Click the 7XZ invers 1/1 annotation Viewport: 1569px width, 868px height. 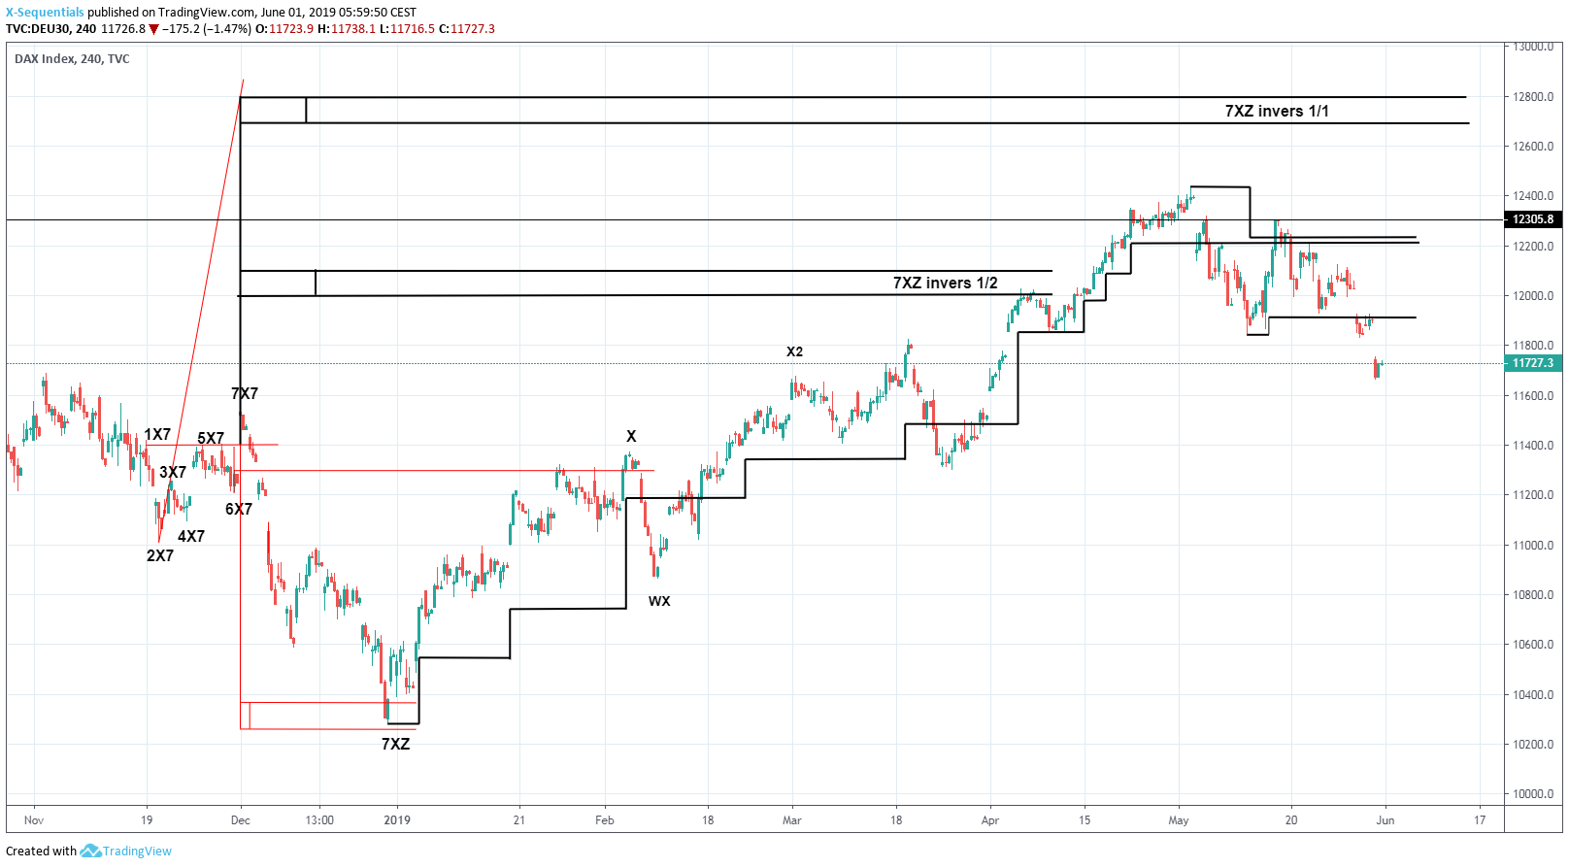coord(1276,111)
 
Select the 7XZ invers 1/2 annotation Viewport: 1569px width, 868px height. coord(945,283)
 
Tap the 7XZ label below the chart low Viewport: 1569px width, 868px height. coord(395,744)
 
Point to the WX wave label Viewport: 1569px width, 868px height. coord(659,601)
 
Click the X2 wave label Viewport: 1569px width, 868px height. coord(794,351)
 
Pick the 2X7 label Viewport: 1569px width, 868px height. coord(160,555)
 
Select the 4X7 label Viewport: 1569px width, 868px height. coord(191,536)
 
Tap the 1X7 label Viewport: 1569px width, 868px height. coord(157,434)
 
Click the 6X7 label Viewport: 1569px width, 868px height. coord(239,509)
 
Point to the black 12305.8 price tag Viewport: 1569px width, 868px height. coord(1532,219)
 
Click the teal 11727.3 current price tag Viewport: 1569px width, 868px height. coord(1532,363)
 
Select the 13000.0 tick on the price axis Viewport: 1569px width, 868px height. coord(1533,47)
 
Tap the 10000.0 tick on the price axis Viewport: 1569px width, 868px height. coord(1533,794)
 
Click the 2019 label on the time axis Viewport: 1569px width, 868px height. coord(397,820)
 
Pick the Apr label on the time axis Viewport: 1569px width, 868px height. coord(989,820)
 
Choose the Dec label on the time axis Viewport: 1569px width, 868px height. coord(241,820)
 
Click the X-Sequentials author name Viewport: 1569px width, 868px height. coord(45,13)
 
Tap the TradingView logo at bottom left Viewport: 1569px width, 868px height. coord(126,851)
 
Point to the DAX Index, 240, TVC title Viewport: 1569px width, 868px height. coord(72,59)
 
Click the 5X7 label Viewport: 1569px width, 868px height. coord(211,438)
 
